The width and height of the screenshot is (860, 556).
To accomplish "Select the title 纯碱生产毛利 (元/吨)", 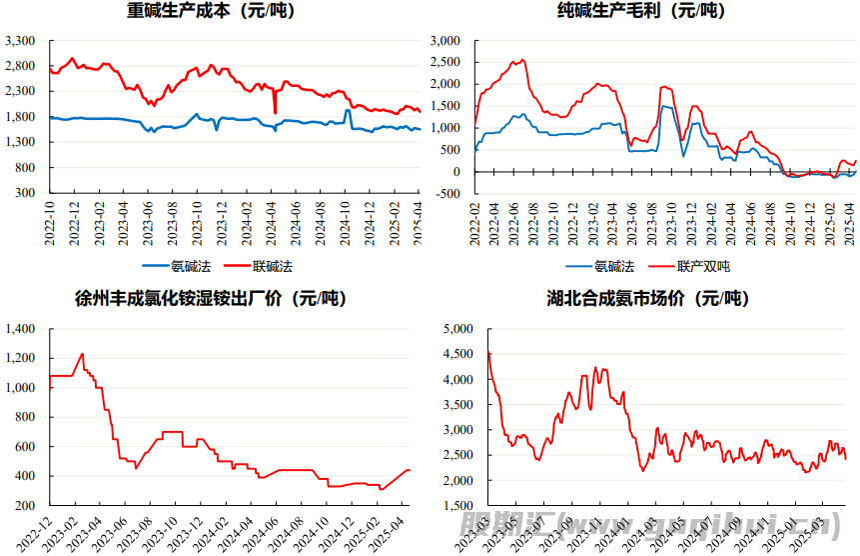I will tap(641, 12).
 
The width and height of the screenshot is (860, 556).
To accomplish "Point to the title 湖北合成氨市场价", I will tap(648, 298).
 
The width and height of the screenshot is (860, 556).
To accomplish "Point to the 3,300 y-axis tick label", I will tap(21, 41).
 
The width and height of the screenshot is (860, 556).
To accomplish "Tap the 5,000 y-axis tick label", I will tap(456, 329).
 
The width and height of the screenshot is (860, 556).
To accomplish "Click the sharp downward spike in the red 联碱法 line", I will tap(275, 112).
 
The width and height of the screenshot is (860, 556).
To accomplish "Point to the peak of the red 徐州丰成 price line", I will tap(82, 353).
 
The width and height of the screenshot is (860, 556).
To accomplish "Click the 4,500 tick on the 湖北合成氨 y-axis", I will tap(456, 354).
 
